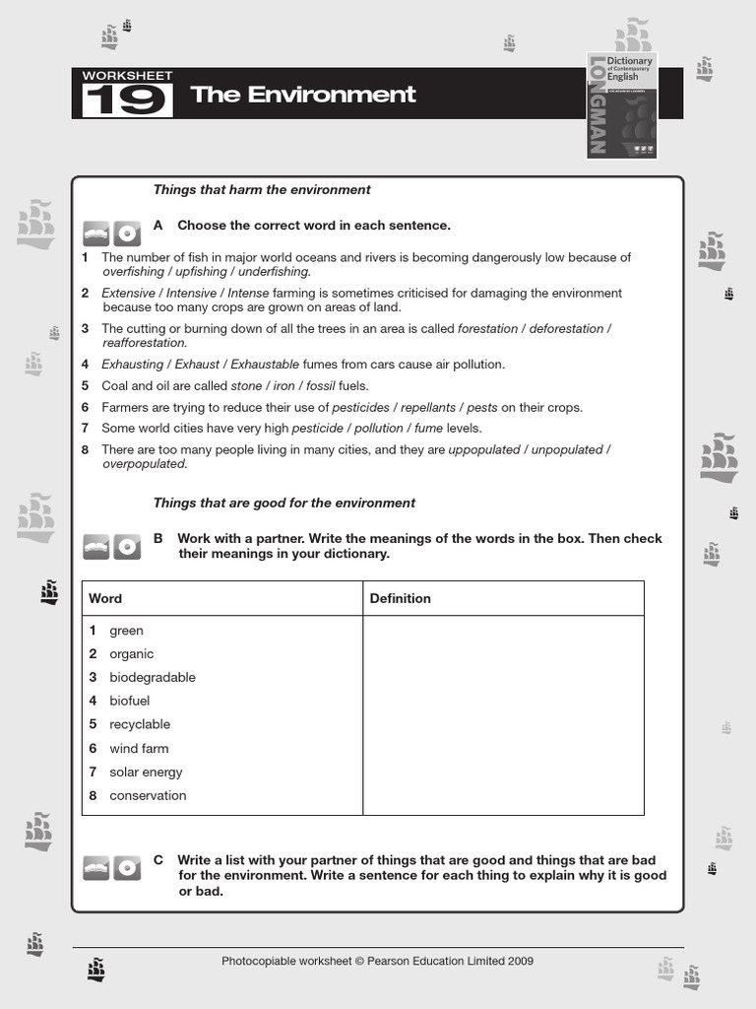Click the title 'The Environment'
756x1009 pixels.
(303, 95)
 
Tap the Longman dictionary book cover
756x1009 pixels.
(622, 103)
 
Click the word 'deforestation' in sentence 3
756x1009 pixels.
(566, 328)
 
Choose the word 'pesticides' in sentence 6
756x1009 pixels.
(361, 407)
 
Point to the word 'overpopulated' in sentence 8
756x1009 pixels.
(144, 464)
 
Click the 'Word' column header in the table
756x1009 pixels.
(105, 598)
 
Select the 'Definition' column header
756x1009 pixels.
(400, 598)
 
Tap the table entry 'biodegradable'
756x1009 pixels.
(153, 677)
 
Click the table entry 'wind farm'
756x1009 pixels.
(139, 748)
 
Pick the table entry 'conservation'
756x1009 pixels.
(148, 795)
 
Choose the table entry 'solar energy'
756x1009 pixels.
(146, 772)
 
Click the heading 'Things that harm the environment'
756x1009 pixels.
(262, 189)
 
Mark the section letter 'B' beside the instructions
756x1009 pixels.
(158, 538)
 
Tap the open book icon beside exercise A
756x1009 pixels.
(96, 234)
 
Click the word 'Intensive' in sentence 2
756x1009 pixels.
(192, 293)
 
